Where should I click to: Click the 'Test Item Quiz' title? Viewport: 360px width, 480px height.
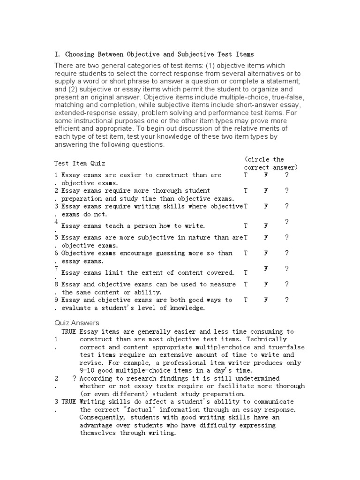(x=80, y=164)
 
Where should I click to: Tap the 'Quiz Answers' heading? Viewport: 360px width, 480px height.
(x=77, y=323)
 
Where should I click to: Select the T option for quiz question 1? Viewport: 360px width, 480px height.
(x=246, y=175)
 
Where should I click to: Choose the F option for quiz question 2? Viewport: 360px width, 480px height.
(x=266, y=191)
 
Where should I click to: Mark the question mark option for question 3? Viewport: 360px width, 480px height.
(x=287, y=206)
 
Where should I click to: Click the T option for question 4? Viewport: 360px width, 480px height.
(x=246, y=226)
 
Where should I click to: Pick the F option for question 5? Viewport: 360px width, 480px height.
(x=266, y=238)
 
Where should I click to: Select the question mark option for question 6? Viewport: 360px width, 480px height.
(x=287, y=253)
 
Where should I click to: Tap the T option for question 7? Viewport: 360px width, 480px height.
(x=246, y=273)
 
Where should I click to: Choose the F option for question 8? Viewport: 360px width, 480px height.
(x=266, y=285)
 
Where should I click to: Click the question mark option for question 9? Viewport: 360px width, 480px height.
(x=287, y=300)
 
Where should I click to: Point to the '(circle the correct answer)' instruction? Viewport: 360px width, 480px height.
(x=271, y=164)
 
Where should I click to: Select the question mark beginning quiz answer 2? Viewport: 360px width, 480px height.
(x=75, y=378)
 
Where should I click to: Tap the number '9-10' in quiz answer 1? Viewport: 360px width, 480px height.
(x=89, y=371)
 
